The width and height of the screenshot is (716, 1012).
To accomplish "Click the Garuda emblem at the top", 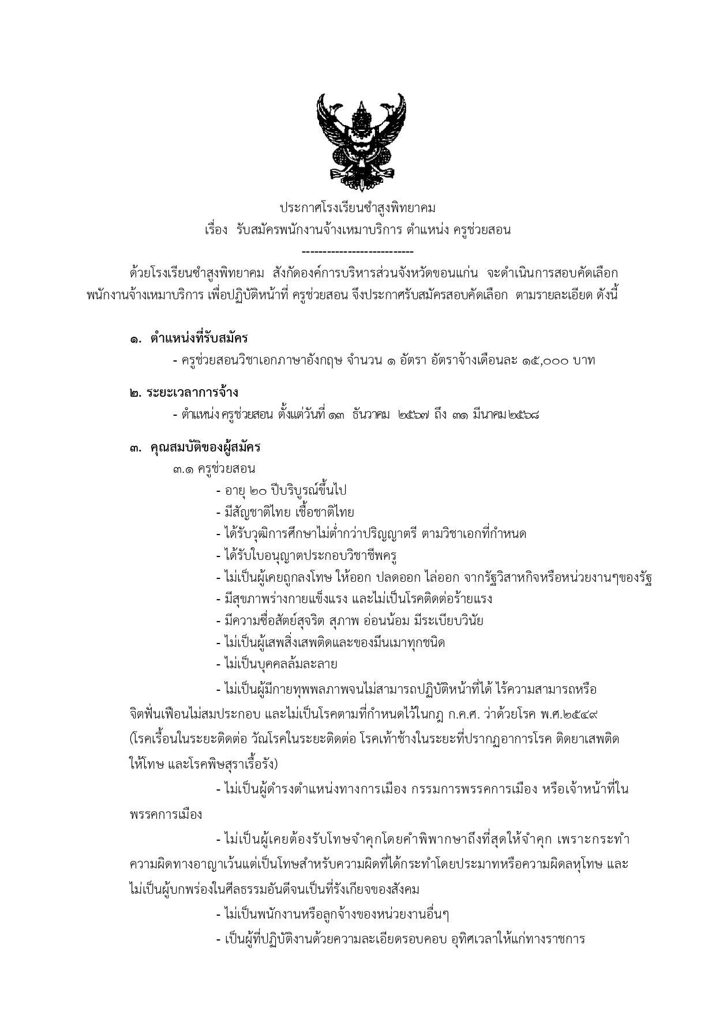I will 357,141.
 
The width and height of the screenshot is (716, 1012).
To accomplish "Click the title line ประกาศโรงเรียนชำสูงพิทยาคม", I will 357,207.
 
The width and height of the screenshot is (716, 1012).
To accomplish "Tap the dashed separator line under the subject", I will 357,251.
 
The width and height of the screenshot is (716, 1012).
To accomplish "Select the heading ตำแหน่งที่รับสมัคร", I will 199,338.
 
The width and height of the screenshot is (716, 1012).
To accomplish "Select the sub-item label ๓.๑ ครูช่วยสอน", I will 213,468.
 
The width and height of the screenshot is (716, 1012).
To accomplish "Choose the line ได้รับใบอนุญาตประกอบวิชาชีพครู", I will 309,556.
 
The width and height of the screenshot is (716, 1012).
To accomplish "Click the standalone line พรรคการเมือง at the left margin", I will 166,815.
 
